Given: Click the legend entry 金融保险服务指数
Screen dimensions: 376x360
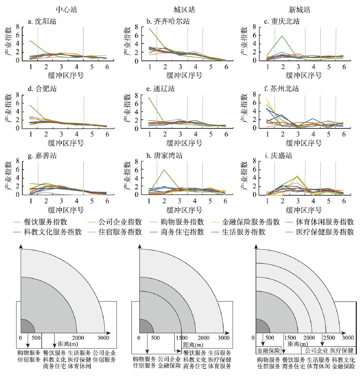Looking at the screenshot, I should pyautogui.click(x=252, y=222).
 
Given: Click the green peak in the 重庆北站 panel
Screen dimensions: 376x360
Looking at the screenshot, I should pyautogui.click(x=282, y=36).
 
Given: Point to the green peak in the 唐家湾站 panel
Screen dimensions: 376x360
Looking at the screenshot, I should pyautogui.click(x=164, y=170).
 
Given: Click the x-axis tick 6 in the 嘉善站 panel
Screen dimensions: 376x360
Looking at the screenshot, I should pyautogui.click(x=107, y=201).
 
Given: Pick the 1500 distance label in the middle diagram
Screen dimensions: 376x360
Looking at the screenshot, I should pyautogui.click(x=181, y=338).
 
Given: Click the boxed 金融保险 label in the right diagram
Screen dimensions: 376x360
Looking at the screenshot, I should pyautogui.click(x=269, y=351).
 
